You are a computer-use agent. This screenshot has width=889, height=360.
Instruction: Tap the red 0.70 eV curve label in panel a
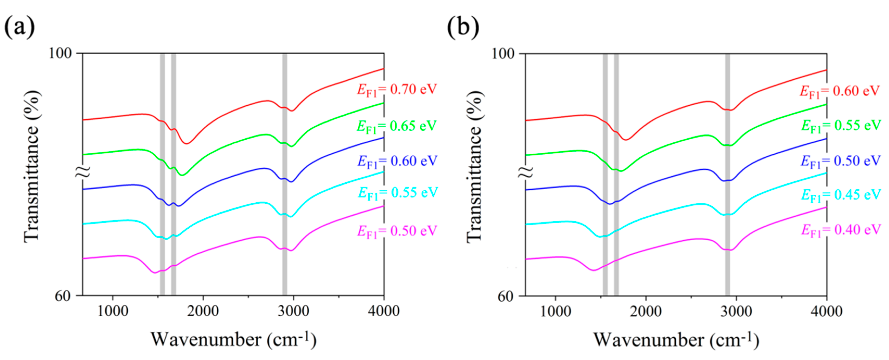397,90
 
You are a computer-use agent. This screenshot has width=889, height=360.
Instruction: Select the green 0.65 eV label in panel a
397,126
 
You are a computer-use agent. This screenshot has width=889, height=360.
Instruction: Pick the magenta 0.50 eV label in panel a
397,231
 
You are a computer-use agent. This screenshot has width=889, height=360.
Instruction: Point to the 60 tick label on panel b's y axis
506,297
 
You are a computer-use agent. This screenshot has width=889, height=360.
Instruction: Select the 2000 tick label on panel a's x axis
203,311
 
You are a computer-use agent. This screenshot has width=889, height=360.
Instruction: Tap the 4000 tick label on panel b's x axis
826,311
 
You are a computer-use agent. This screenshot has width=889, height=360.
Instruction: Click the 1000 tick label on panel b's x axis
555,311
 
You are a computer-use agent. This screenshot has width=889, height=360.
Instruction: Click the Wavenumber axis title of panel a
233,340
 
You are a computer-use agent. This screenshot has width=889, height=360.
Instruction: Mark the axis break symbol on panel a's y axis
83,171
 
